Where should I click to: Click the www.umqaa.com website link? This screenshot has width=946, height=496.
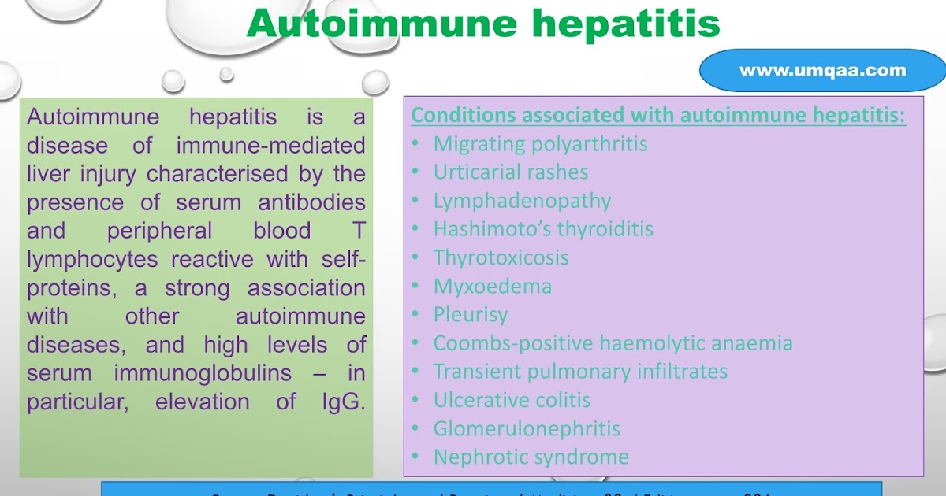tap(822, 71)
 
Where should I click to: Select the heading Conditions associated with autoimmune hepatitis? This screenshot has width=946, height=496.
tap(658, 116)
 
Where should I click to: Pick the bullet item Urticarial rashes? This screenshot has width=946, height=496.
tap(510, 172)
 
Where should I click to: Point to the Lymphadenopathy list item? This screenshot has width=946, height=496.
tap(522, 201)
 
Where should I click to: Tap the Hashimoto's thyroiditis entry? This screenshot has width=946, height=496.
tap(542, 229)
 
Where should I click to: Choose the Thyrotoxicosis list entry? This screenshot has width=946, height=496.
tap(501, 257)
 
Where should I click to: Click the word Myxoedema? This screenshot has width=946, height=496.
tap(492, 286)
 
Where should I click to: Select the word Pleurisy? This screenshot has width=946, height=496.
tap(470, 314)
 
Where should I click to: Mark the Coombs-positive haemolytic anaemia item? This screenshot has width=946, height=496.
tap(613, 343)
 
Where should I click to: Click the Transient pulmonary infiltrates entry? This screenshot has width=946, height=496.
tap(580, 372)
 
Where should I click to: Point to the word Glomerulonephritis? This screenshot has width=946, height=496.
tap(527, 428)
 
